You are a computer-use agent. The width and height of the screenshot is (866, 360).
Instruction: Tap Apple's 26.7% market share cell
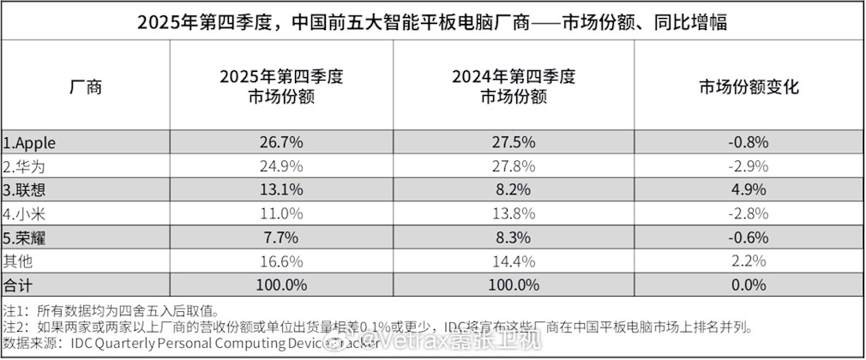[x=281, y=142]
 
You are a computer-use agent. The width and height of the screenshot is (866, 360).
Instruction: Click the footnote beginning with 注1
[x=111, y=310]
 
